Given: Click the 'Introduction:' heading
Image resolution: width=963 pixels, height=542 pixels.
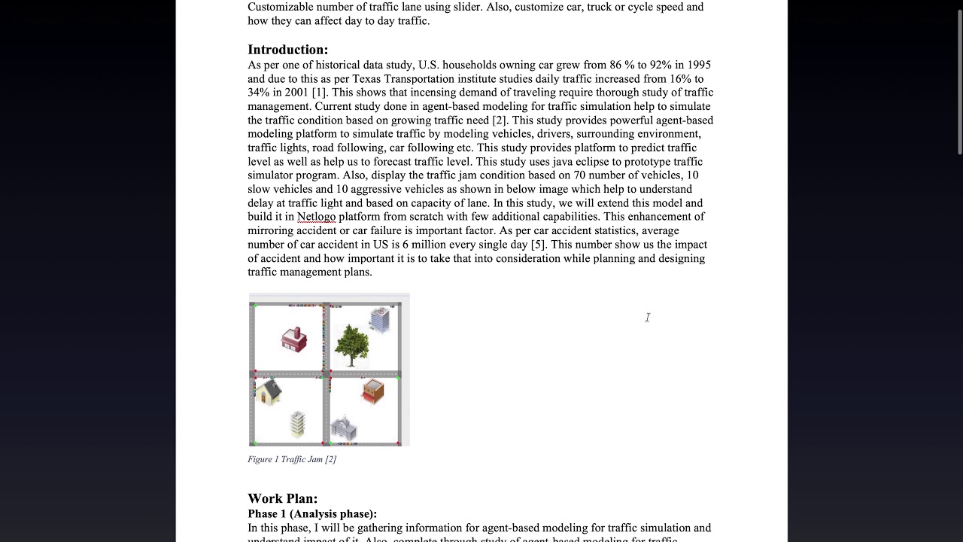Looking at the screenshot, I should click(287, 50).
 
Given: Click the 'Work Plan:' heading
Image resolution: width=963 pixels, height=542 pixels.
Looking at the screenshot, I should click(282, 498).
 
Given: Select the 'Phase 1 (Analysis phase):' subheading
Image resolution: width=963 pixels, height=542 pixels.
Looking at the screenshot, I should click(311, 513).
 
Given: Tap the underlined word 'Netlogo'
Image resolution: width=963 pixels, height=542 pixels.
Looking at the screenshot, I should click(316, 217).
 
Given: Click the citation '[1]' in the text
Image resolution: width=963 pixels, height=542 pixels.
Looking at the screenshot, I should click(319, 93).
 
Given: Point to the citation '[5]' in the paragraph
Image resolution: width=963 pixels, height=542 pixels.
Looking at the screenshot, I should click(537, 245).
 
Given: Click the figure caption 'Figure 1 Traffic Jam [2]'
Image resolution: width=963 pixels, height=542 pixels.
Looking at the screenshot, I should click(292, 459).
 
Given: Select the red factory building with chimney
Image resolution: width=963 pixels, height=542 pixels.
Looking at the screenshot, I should click(294, 340).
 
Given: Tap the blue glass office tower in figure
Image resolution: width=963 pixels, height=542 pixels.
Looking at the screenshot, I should click(380, 319).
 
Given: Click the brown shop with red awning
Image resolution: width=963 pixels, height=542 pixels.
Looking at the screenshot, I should click(372, 391).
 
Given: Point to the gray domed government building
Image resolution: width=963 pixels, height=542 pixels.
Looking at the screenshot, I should click(343, 428).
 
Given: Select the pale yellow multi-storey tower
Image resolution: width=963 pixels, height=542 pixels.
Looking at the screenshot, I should click(298, 424).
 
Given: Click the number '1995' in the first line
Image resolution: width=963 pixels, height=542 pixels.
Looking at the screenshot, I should click(697, 65).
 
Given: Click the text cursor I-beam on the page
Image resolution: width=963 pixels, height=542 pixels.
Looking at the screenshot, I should click(647, 318).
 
